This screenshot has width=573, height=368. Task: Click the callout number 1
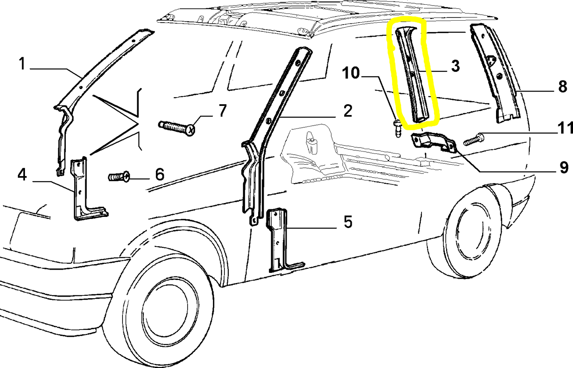click(22, 64)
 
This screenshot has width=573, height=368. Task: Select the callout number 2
click(348, 111)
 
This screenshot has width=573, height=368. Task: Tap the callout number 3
click(455, 66)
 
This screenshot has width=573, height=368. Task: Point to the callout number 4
click(22, 175)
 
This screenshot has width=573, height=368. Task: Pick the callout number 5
click(348, 221)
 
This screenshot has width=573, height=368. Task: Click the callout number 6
click(160, 174)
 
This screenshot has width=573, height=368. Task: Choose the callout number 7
click(222, 111)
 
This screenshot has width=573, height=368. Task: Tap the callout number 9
click(563, 168)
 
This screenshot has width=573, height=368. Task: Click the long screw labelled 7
click(176, 128)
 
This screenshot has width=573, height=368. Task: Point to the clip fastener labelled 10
click(398, 128)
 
